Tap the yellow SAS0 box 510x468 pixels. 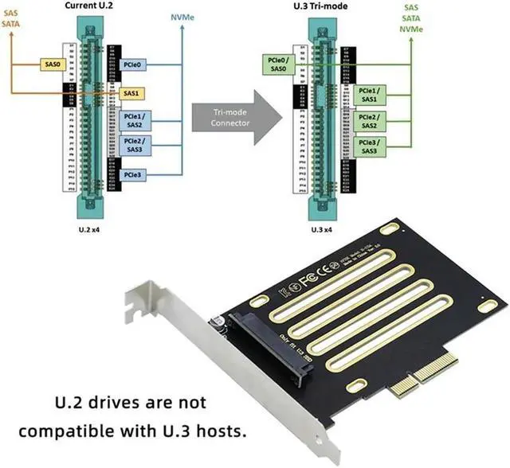53,61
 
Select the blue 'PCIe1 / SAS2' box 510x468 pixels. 134,120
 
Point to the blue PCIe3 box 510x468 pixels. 134,174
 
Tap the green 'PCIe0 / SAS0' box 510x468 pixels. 277,64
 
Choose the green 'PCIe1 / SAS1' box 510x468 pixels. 369,95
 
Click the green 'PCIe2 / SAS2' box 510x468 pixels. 369,120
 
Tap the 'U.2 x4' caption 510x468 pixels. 89,228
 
